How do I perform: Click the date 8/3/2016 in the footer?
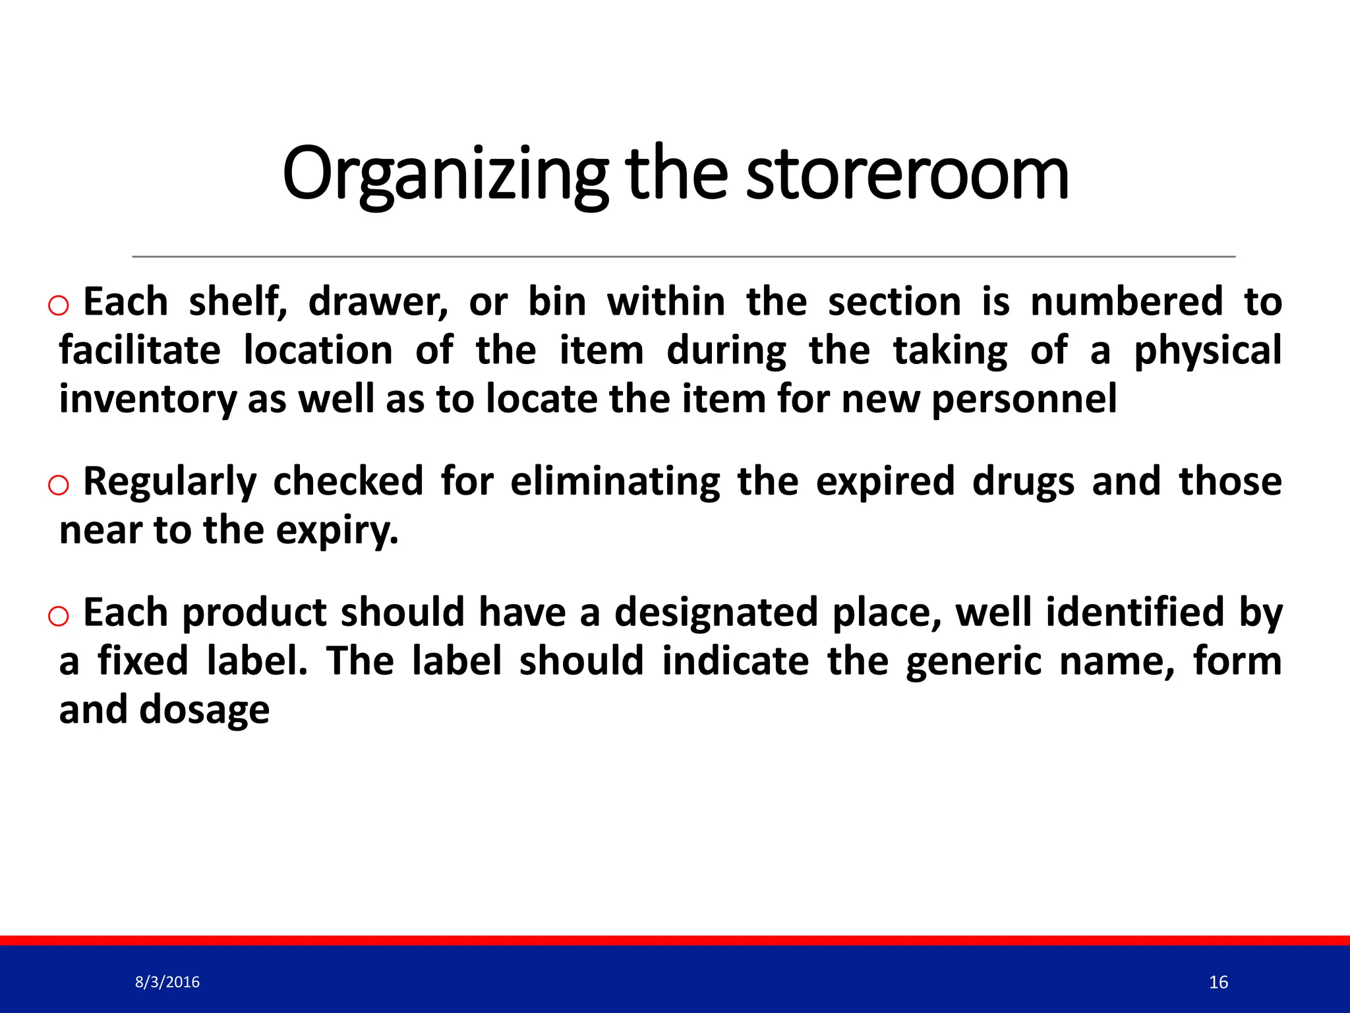click(167, 982)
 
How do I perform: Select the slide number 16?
click(1218, 983)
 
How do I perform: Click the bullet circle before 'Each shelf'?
click(59, 305)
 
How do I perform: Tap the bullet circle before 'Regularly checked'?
click(59, 485)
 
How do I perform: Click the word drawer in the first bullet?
click(378, 302)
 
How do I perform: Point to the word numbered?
click(1127, 302)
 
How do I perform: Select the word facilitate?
click(140, 350)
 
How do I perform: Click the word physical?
click(1208, 350)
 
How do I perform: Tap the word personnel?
click(1024, 399)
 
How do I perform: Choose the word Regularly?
click(169, 481)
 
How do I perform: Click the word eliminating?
click(615, 481)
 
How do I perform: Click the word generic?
click(974, 661)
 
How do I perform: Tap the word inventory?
click(147, 399)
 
